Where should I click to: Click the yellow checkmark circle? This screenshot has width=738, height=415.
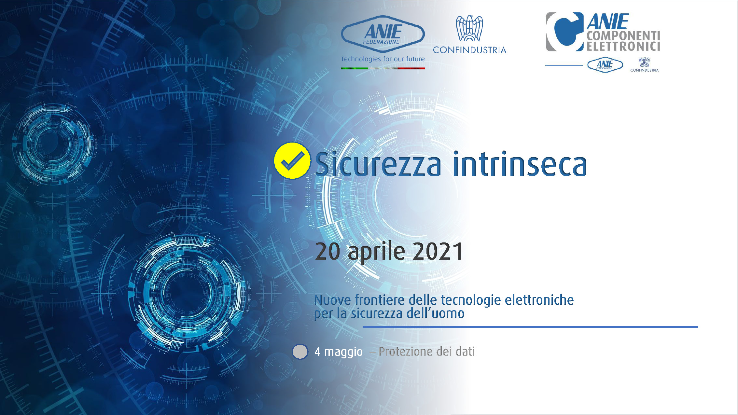click(292, 161)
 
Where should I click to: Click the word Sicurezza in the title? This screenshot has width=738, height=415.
click(378, 163)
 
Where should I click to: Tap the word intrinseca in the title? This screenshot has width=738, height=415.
click(520, 163)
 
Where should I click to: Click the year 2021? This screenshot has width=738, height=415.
click(437, 251)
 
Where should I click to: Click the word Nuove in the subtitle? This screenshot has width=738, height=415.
click(333, 300)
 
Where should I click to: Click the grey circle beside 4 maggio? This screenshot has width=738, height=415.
click(300, 352)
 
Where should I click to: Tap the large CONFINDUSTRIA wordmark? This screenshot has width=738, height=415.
click(469, 50)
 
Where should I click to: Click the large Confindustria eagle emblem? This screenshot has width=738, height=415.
click(469, 28)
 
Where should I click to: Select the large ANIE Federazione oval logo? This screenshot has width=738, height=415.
click(383, 34)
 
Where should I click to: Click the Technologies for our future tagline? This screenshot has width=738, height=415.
click(383, 59)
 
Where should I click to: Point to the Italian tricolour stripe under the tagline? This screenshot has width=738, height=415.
click(383, 68)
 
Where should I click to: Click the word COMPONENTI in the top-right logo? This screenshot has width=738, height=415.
click(623, 36)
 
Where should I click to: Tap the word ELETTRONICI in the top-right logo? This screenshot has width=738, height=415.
click(623, 46)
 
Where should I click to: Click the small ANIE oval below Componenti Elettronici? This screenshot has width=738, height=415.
click(605, 65)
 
